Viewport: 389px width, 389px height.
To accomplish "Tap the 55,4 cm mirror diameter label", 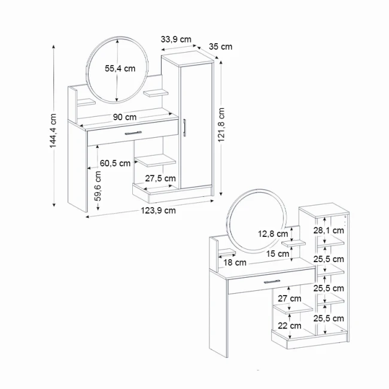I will click(x=120, y=69).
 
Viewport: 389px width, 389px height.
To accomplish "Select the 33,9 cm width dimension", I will click(x=176, y=39).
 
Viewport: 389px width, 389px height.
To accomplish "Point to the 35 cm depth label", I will click(x=221, y=47).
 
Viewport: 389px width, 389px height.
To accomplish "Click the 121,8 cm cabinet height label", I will click(x=221, y=126).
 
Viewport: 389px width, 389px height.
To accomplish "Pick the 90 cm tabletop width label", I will click(x=124, y=117).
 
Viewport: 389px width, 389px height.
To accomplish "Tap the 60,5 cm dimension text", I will click(x=115, y=163).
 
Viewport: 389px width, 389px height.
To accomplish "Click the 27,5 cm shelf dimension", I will click(x=161, y=178).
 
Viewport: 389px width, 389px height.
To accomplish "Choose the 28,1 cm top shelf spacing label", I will click(x=329, y=230).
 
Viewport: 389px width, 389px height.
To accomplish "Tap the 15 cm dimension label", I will click(x=279, y=254).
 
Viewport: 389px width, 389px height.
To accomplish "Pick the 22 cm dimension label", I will click(x=290, y=326).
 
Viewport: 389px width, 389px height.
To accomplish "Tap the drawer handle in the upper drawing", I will click(x=133, y=133).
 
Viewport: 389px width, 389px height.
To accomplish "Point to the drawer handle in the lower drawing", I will click(x=272, y=281).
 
